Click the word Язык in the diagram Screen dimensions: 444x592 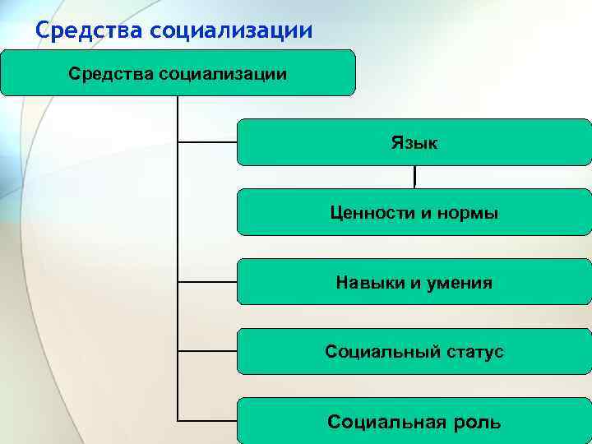click(x=414, y=143)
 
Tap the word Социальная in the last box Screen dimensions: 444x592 click(x=382, y=423)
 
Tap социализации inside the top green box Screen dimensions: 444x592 click(x=228, y=75)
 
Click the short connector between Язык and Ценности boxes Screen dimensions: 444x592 click(x=414, y=177)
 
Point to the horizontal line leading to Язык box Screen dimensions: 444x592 click(x=207, y=142)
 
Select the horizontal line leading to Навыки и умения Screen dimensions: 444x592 click(x=207, y=282)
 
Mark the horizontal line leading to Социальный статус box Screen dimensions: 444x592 click(x=207, y=352)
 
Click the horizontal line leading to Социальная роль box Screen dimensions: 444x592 click(x=207, y=422)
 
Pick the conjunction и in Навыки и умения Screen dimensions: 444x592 click(x=413, y=284)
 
